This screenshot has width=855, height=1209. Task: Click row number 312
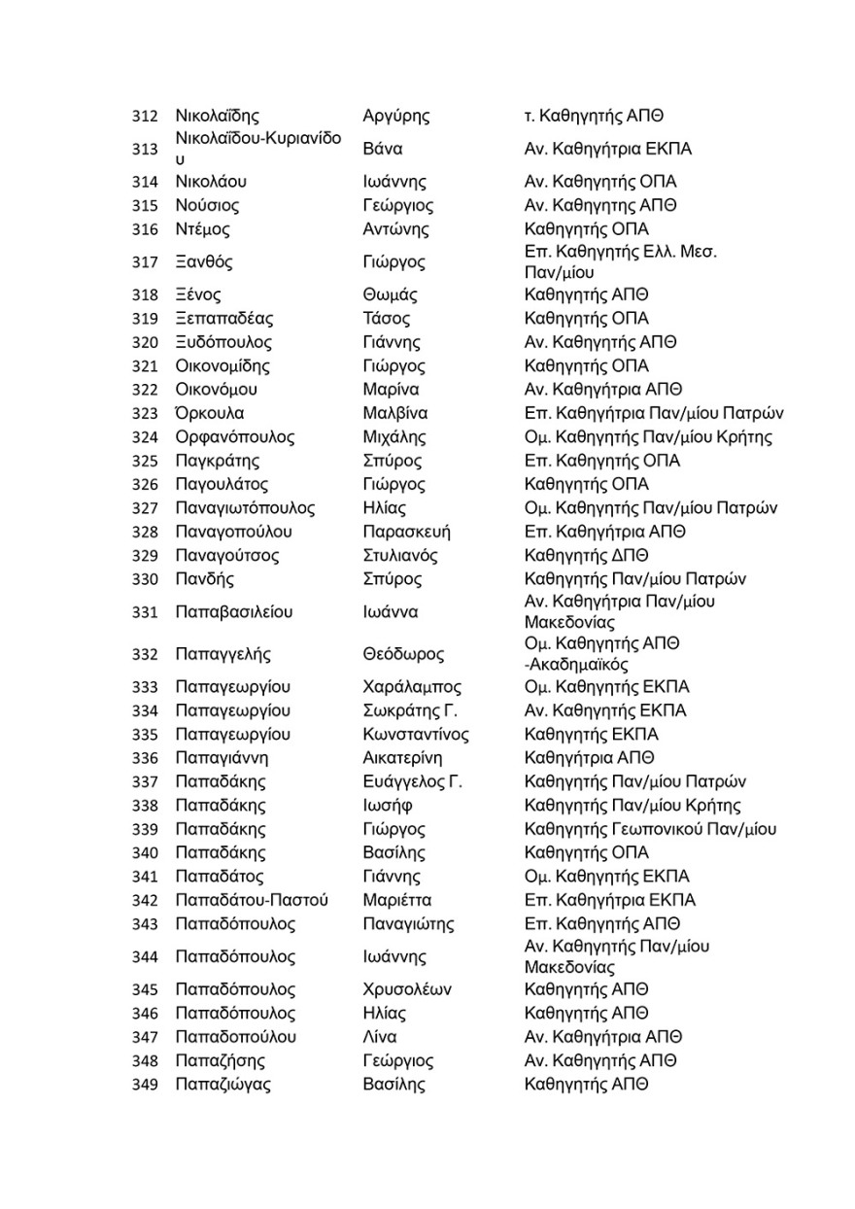[144, 117]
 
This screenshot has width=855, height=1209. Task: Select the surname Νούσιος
[207, 206]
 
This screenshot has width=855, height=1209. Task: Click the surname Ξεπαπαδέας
[223, 319]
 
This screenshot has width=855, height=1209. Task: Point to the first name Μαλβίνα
[394, 414]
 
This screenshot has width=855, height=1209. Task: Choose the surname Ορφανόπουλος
[234, 437]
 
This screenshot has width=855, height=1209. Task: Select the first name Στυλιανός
[399, 556]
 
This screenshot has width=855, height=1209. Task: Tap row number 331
[144, 612]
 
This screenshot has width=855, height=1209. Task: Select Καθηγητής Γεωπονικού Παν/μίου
[650, 829]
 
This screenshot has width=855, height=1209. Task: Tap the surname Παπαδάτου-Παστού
[252, 900]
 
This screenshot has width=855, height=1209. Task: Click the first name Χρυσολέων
[406, 990]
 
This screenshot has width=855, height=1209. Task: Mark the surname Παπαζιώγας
[222, 1085]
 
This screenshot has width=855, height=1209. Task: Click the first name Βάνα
[382, 150]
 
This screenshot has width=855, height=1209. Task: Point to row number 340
[144, 853]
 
